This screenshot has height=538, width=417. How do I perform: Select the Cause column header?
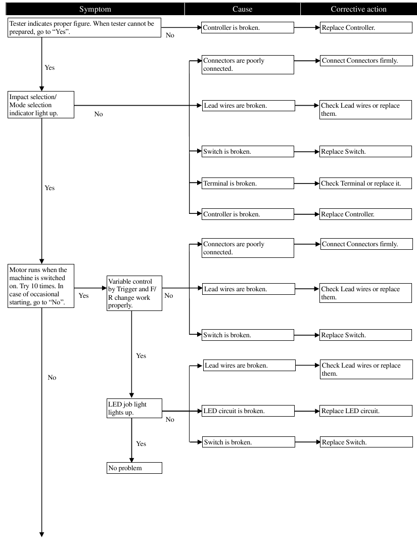(242, 9)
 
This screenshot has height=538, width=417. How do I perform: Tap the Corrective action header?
(358, 9)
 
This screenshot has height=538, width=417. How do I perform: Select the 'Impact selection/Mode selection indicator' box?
(41, 105)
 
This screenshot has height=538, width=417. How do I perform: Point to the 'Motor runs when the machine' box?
(41, 286)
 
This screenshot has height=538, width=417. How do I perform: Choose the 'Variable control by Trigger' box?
(134, 292)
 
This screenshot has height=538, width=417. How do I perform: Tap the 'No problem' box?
(134, 468)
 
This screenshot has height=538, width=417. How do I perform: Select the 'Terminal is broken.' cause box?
(247, 184)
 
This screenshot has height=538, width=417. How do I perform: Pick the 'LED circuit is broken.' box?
(247, 411)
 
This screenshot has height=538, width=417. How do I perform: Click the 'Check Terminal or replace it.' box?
(365, 184)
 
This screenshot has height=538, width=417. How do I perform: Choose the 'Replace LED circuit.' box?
(365, 411)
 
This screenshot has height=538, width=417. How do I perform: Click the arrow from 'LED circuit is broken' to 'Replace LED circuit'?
(306, 411)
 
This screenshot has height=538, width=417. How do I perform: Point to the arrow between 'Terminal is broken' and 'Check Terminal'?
(306, 184)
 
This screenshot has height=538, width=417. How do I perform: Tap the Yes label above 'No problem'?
(141, 443)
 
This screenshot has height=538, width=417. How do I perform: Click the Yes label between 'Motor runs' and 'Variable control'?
(83, 296)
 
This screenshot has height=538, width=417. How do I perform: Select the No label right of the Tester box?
(170, 36)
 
